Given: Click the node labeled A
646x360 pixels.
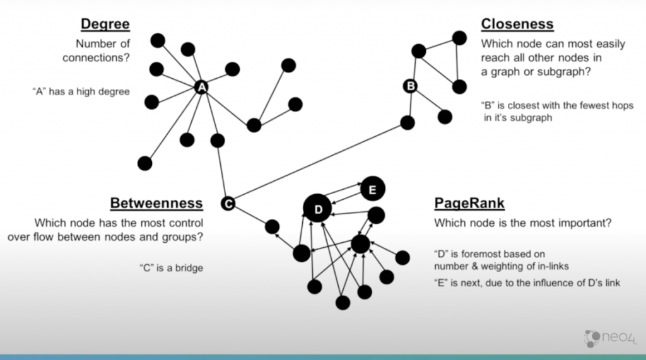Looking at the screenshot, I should (x=201, y=88).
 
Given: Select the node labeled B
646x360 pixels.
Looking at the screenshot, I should (x=409, y=85).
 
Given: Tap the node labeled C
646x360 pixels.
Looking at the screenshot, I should (x=228, y=203).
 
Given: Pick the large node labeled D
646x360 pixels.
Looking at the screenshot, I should (x=318, y=209).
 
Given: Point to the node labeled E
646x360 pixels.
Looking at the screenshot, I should (x=372, y=189).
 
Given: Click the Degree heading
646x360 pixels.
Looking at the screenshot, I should (x=105, y=25).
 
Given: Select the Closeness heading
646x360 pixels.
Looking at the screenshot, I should (x=517, y=25).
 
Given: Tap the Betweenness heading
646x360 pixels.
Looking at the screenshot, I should (x=156, y=203).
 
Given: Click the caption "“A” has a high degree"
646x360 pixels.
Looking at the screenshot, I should (x=80, y=91).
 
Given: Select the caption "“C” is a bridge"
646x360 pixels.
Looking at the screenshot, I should (x=171, y=268).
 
